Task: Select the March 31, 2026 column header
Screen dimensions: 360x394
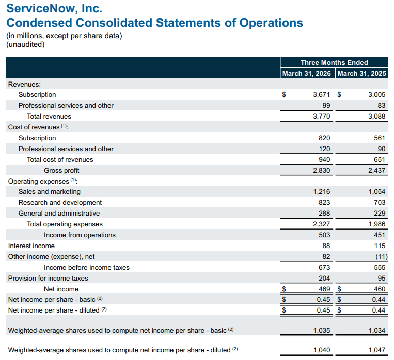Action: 307,74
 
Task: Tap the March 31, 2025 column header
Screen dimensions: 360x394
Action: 361,74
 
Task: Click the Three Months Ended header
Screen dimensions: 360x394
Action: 334,62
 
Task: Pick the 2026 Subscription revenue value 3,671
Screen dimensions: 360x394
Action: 321,95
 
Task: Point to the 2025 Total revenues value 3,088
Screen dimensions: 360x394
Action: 376,117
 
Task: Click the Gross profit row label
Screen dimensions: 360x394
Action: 61,171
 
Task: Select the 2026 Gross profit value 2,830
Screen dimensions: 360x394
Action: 321,171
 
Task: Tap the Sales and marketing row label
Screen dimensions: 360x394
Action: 50,192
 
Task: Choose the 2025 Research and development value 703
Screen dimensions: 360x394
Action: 380,203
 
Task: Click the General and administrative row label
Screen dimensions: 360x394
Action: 59,214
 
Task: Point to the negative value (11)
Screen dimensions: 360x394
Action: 379,257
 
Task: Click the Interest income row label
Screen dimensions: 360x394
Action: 31,246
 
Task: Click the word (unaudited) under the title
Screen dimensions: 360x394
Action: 25,44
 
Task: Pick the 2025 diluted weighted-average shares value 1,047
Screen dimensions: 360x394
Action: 376,350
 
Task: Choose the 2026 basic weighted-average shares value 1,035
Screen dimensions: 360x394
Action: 321,330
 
